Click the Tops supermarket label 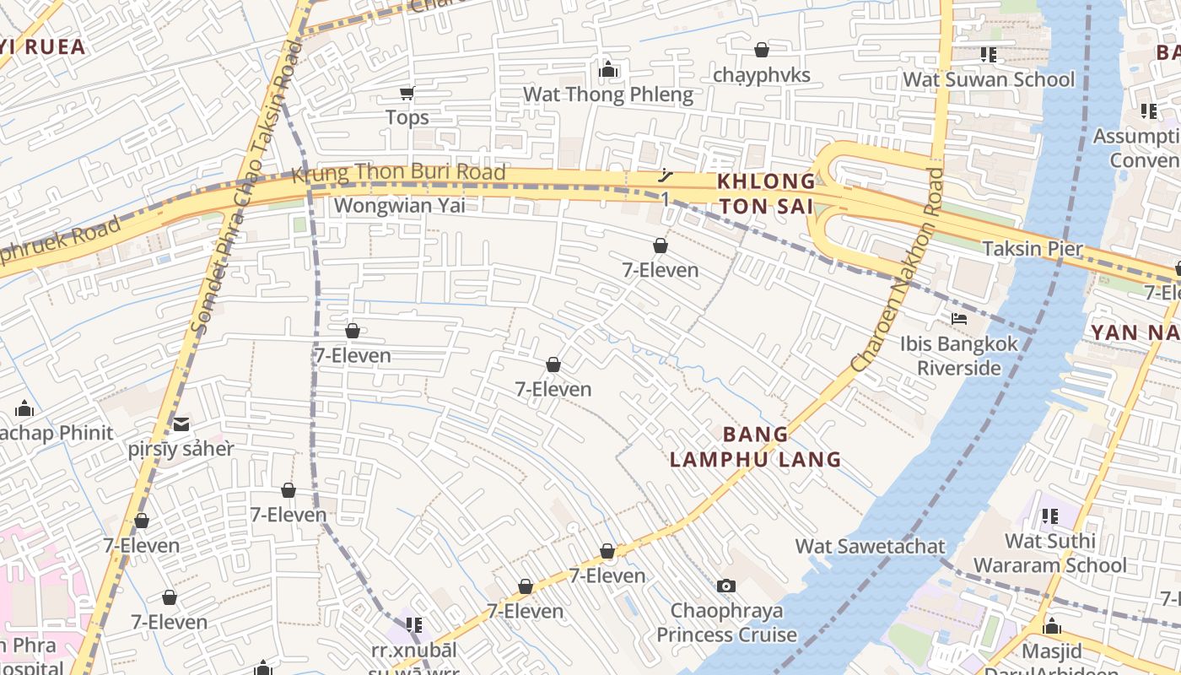(407, 117)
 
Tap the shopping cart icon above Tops (407, 93)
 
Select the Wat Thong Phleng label (608, 94)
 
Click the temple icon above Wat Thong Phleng (608, 70)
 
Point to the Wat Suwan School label (989, 79)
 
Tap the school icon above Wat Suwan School (989, 55)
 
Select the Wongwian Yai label (399, 205)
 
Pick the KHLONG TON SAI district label (766, 193)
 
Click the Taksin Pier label (1033, 248)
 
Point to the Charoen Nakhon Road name (898, 270)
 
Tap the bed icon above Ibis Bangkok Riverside (959, 319)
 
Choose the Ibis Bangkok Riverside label (959, 355)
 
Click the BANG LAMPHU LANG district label (756, 446)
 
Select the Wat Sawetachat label (871, 546)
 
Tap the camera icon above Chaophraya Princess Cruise (726, 586)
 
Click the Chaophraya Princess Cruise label (726, 622)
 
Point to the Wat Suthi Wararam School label (1050, 553)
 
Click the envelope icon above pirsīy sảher (181, 424)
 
